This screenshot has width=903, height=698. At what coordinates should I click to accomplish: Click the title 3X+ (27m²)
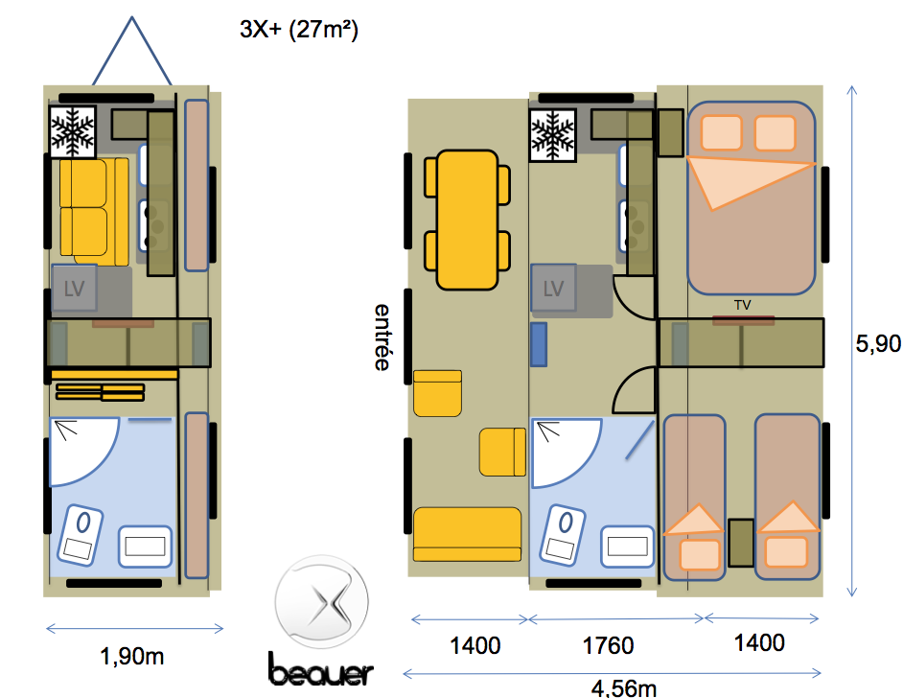point(299,30)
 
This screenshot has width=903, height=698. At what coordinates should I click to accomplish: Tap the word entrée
point(382,337)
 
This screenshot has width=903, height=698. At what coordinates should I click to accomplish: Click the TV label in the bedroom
point(743,305)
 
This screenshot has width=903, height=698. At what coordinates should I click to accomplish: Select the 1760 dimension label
point(608,645)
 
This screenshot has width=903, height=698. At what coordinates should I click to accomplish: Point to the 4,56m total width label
point(624,688)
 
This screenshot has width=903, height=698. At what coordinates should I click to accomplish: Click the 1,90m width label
point(132,656)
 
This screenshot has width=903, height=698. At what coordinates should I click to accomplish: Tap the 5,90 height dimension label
point(878,344)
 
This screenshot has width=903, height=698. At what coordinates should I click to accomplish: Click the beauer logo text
point(321,670)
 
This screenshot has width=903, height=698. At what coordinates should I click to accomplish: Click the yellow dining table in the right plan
point(467,220)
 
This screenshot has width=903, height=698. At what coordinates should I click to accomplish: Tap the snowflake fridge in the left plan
point(73,132)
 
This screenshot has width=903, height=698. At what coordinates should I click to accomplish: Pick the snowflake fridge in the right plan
point(553,135)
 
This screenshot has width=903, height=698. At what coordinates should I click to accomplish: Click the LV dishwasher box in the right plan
point(553,288)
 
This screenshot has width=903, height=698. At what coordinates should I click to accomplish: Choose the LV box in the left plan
point(74,288)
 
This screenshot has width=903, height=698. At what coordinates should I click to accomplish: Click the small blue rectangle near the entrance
point(539,344)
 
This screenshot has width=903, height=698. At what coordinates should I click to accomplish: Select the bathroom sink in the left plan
point(145,546)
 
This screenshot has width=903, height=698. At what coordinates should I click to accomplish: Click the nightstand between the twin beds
point(741,543)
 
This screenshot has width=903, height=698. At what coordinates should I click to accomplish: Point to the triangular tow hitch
point(132,52)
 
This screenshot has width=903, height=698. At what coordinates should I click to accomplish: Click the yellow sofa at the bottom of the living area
point(467,534)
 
